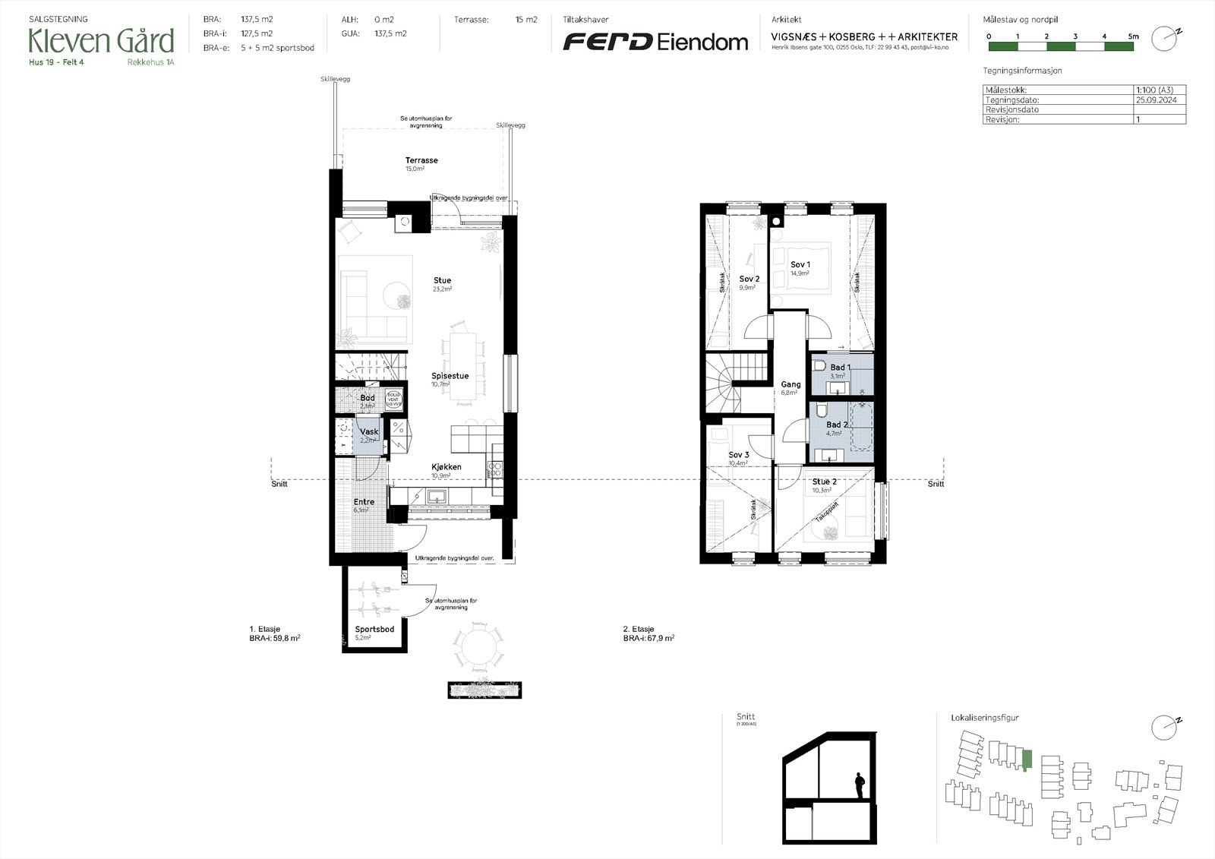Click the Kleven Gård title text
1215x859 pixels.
[x=101, y=40]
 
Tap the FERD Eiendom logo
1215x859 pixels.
[x=655, y=42]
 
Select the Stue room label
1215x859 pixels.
[x=442, y=280]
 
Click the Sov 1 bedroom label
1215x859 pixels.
[x=800, y=264]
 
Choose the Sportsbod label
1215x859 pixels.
[x=374, y=630]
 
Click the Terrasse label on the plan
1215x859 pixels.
[x=421, y=160]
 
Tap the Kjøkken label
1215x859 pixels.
[x=446, y=467]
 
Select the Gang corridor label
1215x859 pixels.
[x=791, y=384]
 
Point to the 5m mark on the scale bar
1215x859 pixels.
[x=1133, y=36]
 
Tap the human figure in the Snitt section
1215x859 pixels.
[x=860, y=785]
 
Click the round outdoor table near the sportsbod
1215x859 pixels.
[x=478, y=647]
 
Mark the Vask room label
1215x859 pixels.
[x=369, y=431]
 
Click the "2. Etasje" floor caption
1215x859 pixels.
[x=638, y=630]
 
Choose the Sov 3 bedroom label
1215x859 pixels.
[x=738, y=455]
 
